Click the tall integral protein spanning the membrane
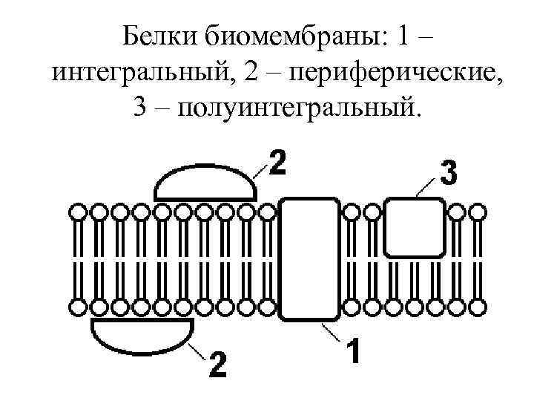coord(309,258)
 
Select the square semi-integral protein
coord(415,226)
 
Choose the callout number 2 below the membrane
coord(217,364)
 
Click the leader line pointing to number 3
coord(428,187)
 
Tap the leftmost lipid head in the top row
coord(77,213)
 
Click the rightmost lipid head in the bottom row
coord(479,306)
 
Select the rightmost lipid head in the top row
coord(479,213)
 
